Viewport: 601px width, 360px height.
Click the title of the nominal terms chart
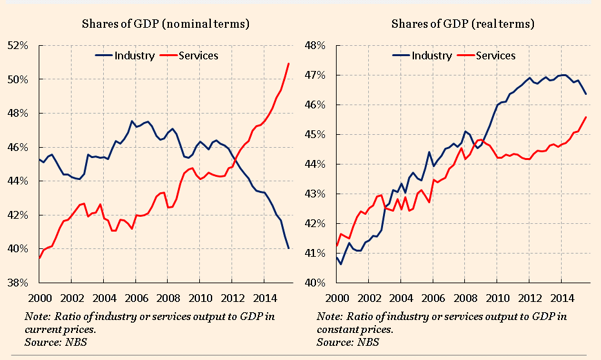pos(165,24)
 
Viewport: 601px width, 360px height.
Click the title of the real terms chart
pos(463,24)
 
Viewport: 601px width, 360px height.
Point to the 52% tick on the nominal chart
pos(18,46)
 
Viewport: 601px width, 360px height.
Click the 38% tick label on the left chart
pos(18,283)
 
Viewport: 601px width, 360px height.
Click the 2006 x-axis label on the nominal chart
pos(134,298)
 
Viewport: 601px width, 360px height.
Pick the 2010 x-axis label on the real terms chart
pos(496,298)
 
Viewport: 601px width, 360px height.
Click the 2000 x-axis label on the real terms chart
pos(337,298)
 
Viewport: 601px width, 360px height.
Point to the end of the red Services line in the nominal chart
pos(288,63)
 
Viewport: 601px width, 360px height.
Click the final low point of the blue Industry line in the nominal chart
pos(288,248)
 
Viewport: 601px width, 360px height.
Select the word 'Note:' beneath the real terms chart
pos(330,317)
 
